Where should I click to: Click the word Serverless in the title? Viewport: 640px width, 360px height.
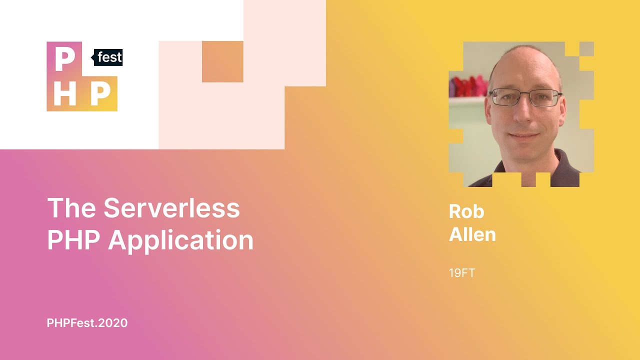[171, 208]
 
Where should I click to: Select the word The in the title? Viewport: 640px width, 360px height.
[71, 208]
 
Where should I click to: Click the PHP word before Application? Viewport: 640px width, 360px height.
[73, 241]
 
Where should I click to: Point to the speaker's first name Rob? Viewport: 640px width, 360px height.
[466, 211]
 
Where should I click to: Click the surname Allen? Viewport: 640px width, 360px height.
[472, 234]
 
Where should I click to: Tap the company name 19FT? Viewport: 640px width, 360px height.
[462, 273]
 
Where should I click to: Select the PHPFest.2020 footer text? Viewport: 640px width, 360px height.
[87, 323]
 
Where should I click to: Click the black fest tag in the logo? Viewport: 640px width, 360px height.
[108, 57]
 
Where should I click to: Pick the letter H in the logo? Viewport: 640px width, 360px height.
[64, 93]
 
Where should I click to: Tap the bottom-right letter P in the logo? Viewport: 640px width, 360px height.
[100, 93]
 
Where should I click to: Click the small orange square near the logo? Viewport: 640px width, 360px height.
[222, 61]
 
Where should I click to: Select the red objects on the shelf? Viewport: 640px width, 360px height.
[468, 86]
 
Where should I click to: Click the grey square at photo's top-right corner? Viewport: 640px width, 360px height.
[586, 49]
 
